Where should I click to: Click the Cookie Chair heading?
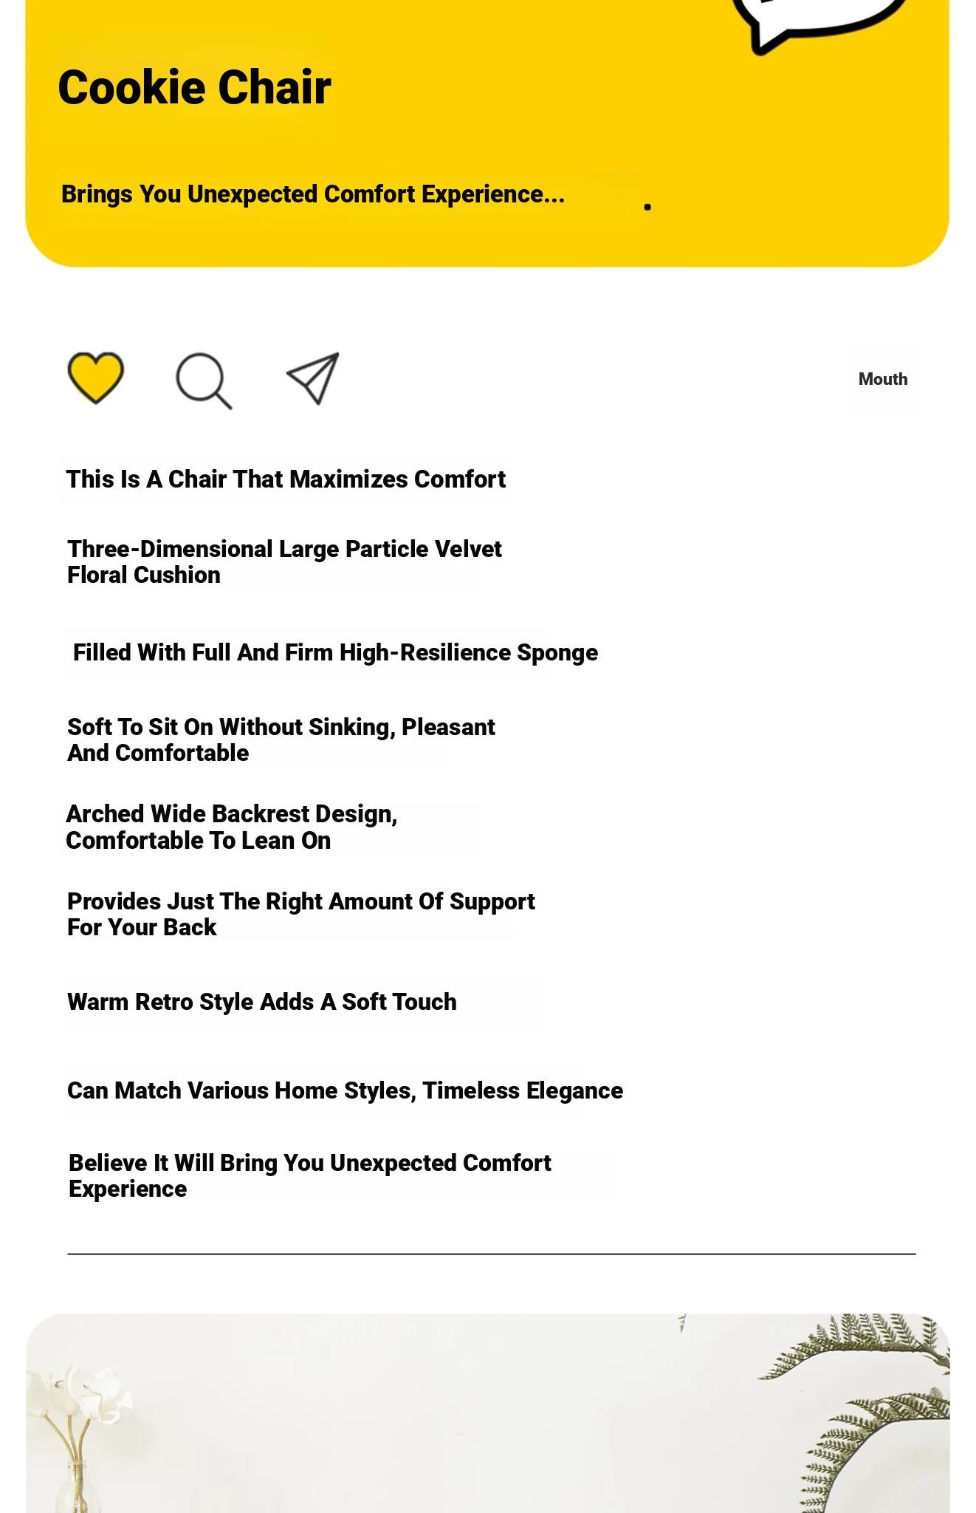(194, 88)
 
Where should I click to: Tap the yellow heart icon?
(95, 377)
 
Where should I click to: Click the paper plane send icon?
(313, 378)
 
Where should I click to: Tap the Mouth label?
(882, 379)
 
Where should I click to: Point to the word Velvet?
(468, 550)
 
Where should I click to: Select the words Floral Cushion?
(144, 576)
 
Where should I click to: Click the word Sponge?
(557, 653)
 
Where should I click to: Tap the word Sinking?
(351, 728)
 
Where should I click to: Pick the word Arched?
(105, 814)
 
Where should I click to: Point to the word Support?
(492, 902)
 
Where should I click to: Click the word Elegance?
(574, 1091)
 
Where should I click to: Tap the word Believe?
(108, 1164)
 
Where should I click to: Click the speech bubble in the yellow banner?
(819, 18)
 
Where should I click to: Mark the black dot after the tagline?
(647, 207)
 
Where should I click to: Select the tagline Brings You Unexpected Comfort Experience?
(312, 194)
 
